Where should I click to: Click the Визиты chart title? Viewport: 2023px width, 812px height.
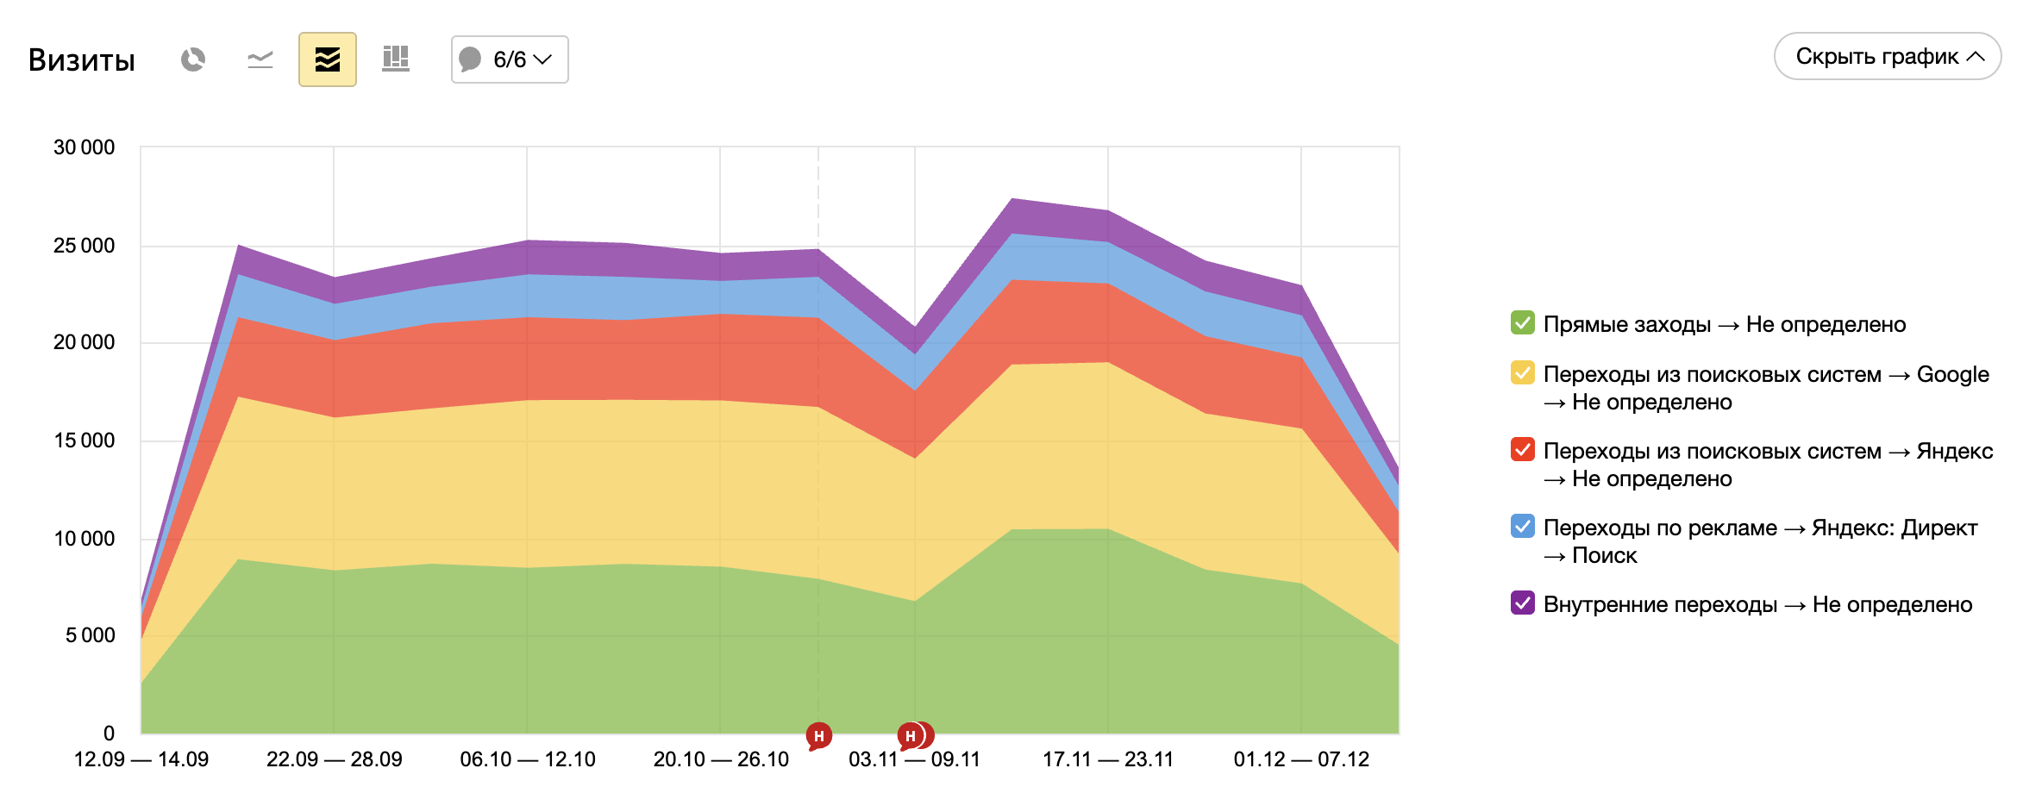tap(82, 60)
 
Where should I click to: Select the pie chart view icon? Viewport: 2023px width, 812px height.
tap(193, 59)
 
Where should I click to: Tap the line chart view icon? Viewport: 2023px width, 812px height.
tap(260, 59)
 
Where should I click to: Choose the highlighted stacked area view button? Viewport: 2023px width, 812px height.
tap(328, 59)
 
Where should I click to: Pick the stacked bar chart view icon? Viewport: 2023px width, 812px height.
tap(396, 59)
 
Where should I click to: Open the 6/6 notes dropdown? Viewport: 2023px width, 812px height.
tap(510, 59)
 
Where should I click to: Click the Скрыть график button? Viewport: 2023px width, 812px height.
tap(1887, 57)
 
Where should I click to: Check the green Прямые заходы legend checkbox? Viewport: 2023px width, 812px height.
tap(1523, 323)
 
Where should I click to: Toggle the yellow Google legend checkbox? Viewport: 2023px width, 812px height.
tap(1523, 373)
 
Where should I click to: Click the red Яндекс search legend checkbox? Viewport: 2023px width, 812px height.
tap(1523, 450)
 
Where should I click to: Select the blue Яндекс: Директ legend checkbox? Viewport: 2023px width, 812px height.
tap(1523, 527)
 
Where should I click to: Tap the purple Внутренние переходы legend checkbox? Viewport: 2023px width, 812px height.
tap(1523, 603)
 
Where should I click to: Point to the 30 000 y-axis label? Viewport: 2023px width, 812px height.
tap(84, 147)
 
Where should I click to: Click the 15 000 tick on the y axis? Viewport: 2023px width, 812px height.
tap(84, 440)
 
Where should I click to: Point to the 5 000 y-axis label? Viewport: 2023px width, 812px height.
tap(90, 635)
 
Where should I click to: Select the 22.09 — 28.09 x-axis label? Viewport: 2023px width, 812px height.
tap(335, 759)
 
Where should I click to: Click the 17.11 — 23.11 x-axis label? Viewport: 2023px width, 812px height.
tap(1108, 759)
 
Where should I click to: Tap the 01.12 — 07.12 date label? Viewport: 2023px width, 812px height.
tap(1301, 759)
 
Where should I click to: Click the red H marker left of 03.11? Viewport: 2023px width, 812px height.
tap(818, 736)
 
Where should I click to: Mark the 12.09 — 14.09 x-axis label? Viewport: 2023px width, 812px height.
tap(141, 759)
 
